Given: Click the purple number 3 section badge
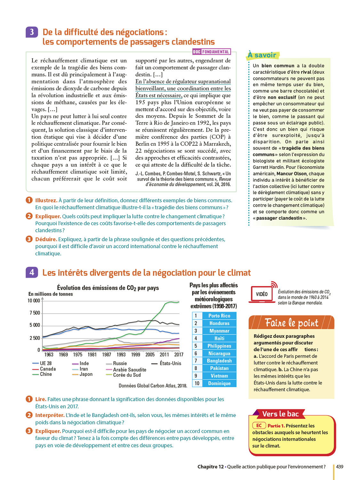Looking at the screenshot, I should [x=32, y=32].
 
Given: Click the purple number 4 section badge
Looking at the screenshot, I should [x=32, y=272].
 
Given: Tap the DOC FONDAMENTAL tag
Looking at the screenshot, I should [x=211, y=52].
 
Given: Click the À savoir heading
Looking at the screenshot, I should [x=262, y=55].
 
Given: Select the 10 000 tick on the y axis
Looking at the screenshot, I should [x=34, y=301].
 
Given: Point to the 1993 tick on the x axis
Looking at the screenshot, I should [x=121, y=355].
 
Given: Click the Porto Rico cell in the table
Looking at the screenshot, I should [x=219, y=316].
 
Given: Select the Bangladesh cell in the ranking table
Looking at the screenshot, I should [x=219, y=361].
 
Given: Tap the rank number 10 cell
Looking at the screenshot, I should [x=197, y=383].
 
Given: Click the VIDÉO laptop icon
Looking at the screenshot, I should [x=261, y=294].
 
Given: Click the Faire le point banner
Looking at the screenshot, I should [x=291, y=323].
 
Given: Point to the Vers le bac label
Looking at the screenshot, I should [x=280, y=414].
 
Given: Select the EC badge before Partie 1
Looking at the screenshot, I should [x=259, y=426].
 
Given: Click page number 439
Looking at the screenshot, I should [x=340, y=467].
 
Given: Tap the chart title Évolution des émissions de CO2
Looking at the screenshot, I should [x=108, y=288].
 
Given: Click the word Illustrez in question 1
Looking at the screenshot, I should [x=46, y=200].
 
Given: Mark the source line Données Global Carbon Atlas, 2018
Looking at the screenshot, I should [x=153, y=386].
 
